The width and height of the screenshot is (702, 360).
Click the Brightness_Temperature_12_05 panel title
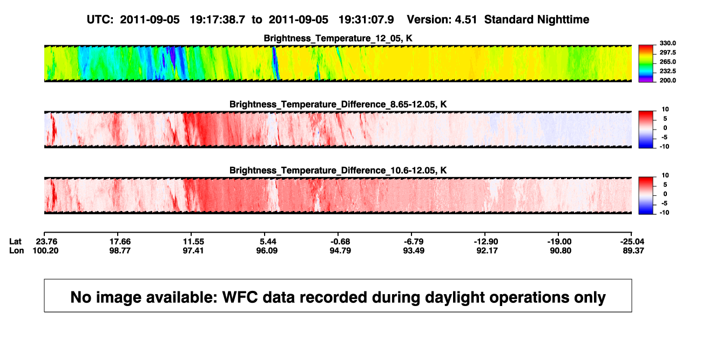click(338, 38)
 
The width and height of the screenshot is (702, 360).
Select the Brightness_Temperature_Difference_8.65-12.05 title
click(338, 104)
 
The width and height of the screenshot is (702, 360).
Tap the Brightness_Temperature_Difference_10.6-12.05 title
click(338, 171)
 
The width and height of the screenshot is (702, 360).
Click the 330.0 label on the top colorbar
click(667, 43)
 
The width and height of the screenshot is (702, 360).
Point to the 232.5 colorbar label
click(667, 71)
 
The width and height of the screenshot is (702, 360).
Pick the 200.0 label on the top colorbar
click(667, 80)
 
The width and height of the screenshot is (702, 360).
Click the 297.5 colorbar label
click(667, 53)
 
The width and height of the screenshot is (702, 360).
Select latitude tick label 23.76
click(46, 242)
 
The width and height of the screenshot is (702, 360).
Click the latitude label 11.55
click(193, 242)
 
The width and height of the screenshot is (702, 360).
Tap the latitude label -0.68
click(340, 242)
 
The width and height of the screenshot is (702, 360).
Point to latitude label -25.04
click(632, 242)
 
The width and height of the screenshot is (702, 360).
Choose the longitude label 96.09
click(267, 250)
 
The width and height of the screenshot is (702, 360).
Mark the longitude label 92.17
click(487, 250)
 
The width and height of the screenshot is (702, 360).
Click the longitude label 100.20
click(45, 250)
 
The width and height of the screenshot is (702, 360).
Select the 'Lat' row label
click(15, 242)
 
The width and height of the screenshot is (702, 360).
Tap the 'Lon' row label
click(16, 250)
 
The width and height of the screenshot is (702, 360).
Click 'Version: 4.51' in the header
click(442, 19)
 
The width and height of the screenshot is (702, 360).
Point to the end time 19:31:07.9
click(366, 19)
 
